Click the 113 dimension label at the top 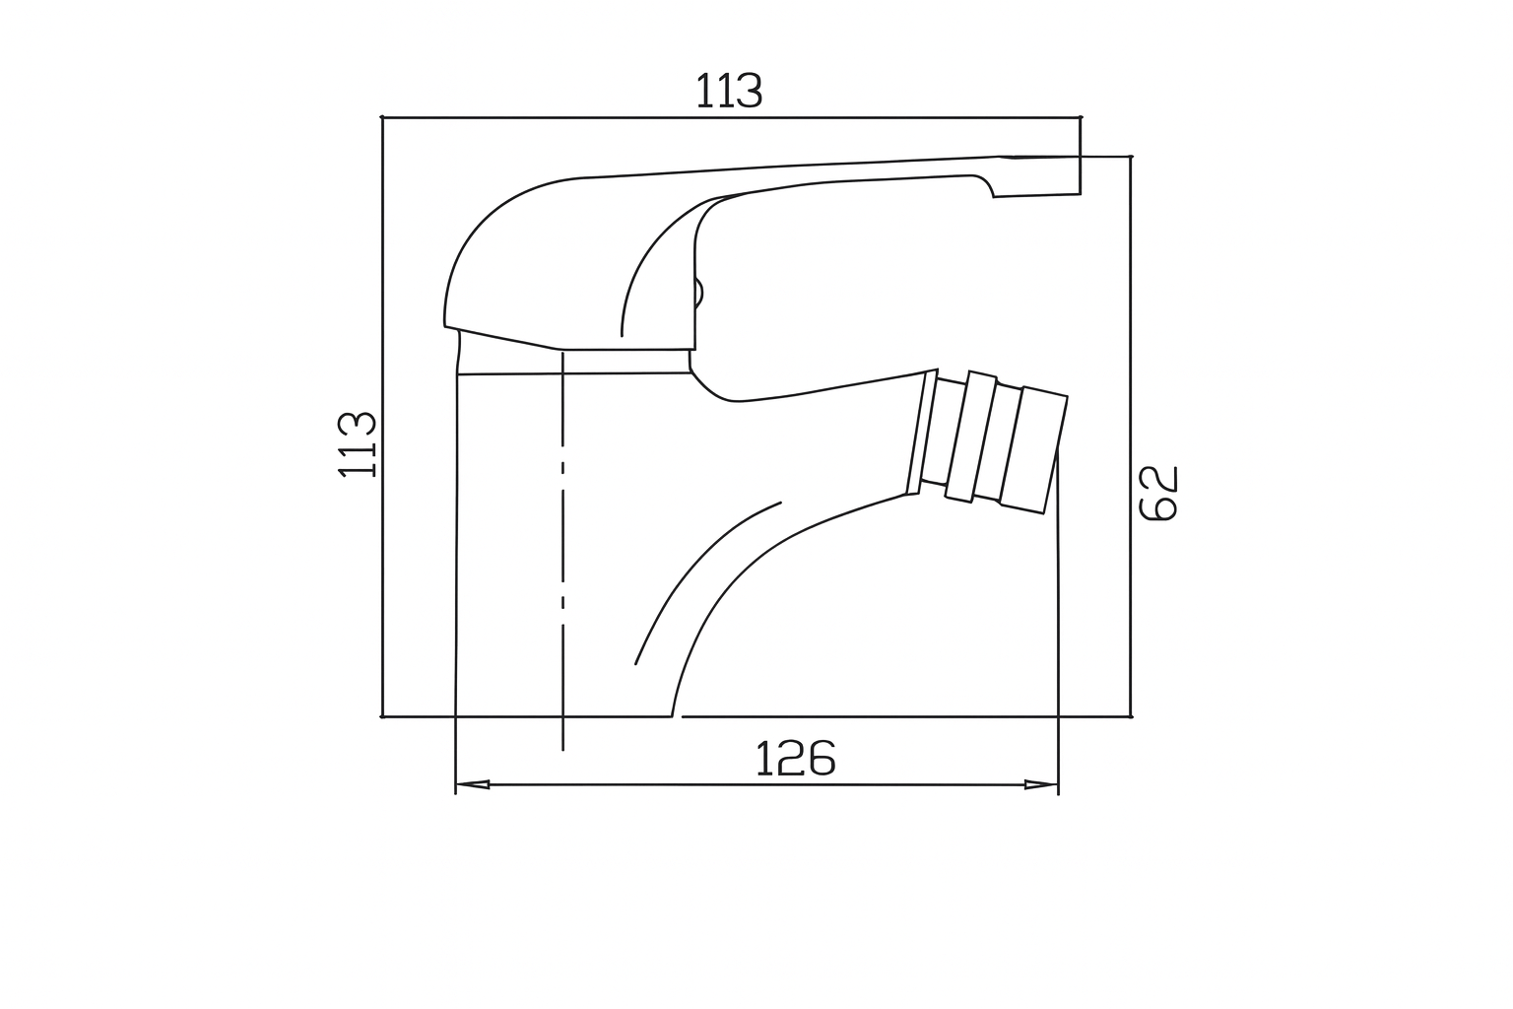coord(729,91)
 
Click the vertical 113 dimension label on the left coord(357,444)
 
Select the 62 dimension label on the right coord(1158,494)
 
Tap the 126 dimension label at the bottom coord(796,759)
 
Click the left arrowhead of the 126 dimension coord(472,784)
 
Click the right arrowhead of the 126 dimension coord(1041,784)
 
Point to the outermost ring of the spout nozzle coord(1033,450)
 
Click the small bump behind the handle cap coord(699,295)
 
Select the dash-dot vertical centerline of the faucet coord(562,551)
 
